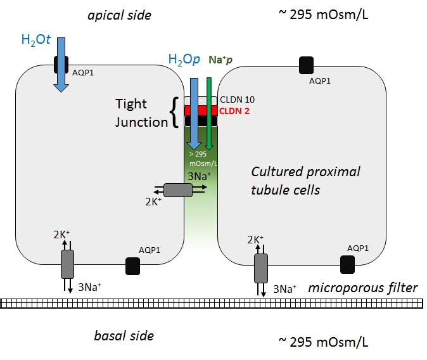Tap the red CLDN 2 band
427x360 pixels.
tap(201, 110)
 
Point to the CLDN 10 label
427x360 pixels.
tap(237, 100)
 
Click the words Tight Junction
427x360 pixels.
tap(141, 112)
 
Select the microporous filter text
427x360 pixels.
tap(363, 288)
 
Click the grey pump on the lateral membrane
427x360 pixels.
tap(178, 190)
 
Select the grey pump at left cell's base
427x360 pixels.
tap(67, 263)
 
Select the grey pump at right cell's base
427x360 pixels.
tap(261, 268)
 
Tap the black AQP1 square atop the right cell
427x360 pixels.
tap(307, 64)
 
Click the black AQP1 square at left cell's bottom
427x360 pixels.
tap(132, 265)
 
